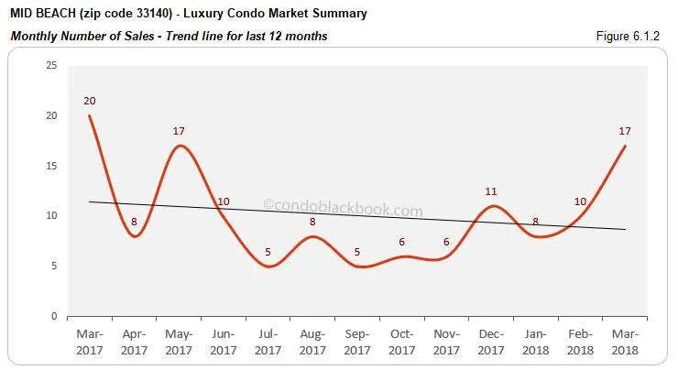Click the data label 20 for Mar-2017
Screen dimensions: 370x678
pos(90,102)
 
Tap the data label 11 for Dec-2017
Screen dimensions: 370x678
pos(491,191)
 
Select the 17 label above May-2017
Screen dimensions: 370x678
pos(180,132)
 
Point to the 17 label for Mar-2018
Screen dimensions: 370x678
pos(626,132)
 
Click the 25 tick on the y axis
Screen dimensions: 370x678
pos(51,66)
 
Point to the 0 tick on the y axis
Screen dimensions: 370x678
pos(54,316)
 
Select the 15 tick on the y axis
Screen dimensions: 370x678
pos(51,166)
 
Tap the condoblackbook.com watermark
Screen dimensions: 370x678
pos(343,211)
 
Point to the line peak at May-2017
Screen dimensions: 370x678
pos(180,146)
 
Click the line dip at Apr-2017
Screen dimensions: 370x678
pos(135,236)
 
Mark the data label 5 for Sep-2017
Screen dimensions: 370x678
pos(357,252)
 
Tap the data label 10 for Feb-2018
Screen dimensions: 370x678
pos(581,201)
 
